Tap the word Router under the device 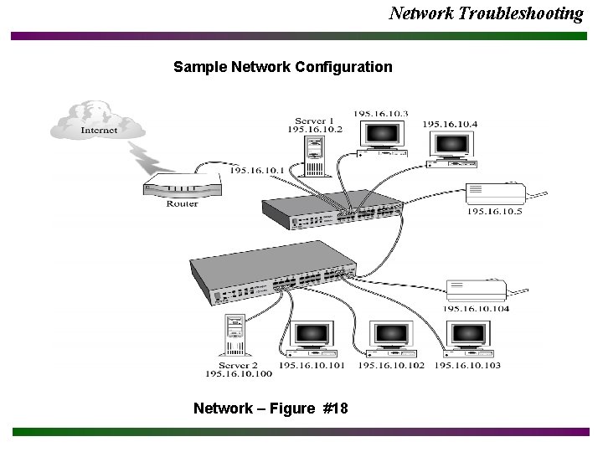tap(182, 203)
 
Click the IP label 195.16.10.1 tap(256, 170)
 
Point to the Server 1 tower tap(313, 155)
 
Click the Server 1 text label tap(315, 121)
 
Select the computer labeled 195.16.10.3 tap(381, 138)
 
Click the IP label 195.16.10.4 tap(450, 125)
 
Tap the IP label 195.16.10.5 tap(494, 212)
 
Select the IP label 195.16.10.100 tap(239, 374)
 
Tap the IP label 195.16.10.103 tap(467, 365)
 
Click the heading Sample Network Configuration tap(282, 66)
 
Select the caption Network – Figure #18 tap(271, 408)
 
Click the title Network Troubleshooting tap(486, 13)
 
